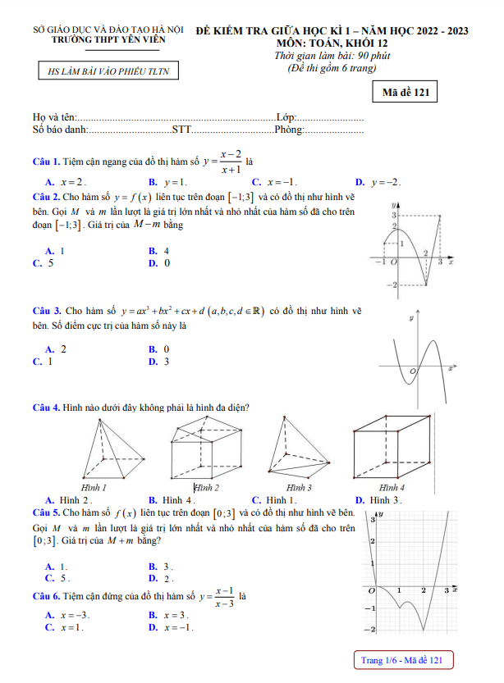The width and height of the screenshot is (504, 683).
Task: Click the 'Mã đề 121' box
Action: tap(405, 93)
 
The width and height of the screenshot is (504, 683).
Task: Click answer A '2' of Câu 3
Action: tap(57, 348)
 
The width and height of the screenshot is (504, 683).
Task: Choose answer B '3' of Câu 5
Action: tap(161, 567)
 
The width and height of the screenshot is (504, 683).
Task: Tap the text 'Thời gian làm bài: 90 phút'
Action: tap(332, 56)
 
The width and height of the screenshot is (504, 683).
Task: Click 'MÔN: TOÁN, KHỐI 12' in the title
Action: tap(332, 43)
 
